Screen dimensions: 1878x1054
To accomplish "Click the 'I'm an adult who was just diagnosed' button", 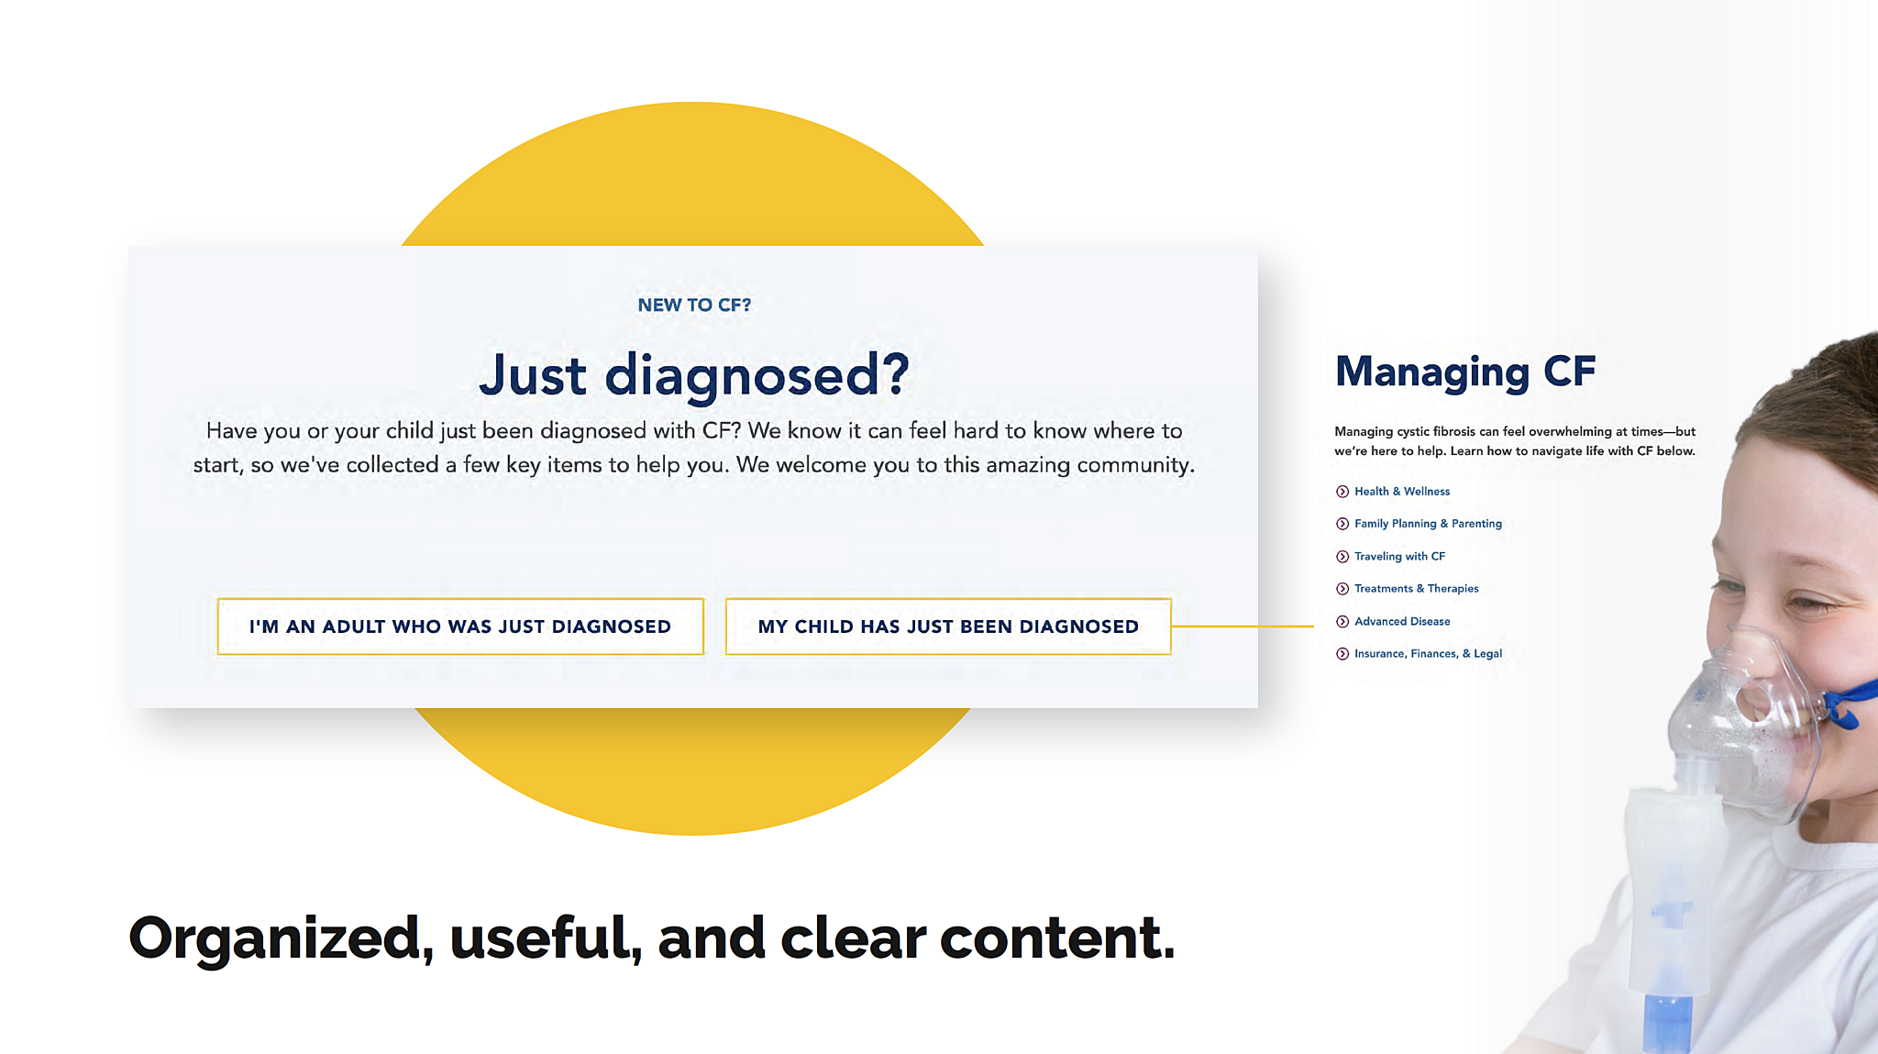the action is (x=460, y=627).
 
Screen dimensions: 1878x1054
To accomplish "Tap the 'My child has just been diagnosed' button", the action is (x=948, y=627).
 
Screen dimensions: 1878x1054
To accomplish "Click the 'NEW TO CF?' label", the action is (x=694, y=305).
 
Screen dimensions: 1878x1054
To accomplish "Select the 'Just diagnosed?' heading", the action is (x=694, y=375).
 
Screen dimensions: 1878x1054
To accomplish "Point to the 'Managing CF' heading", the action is (x=1465, y=372).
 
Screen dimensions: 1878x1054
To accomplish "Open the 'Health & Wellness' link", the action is (x=1402, y=492).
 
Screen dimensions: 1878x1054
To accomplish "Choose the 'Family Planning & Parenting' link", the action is (x=1428, y=524).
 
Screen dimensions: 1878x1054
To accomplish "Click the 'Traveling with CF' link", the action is (x=1399, y=557).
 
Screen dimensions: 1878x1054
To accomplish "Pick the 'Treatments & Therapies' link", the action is (x=1416, y=589).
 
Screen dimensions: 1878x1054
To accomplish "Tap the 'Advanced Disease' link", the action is (x=1402, y=622).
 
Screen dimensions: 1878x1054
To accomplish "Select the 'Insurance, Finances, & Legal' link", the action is (x=1428, y=654).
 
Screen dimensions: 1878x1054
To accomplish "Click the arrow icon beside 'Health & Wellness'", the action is (x=1342, y=492).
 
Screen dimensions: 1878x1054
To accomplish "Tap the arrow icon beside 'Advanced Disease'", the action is (x=1342, y=622).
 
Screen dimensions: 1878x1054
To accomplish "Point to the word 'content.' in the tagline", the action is (x=1057, y=938).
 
